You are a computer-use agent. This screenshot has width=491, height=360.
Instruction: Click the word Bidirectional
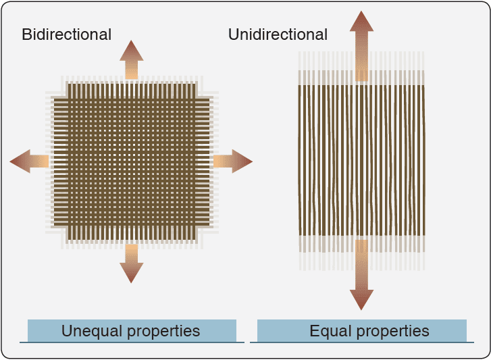[66, 34]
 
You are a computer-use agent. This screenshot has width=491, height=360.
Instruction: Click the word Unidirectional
[278, 34]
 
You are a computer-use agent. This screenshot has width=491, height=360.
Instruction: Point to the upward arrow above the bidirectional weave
[131, 59]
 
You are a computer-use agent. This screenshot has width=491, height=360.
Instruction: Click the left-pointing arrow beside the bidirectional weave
[30, 161]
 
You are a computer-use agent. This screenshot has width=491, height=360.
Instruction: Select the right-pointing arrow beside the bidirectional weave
[232, 161]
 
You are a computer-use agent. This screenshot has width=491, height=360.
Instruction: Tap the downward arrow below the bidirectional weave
[131, 263]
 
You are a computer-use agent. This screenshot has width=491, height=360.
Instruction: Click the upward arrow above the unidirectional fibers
[362, 44]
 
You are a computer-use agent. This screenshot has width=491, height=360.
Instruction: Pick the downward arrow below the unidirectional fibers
[362, 277]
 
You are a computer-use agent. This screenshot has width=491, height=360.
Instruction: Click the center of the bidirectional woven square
[131, 161]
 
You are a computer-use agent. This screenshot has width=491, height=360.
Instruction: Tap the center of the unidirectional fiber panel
[362, 160]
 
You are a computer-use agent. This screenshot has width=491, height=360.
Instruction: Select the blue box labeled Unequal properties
[132, 331]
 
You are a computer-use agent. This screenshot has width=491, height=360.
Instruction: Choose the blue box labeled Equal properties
[362, 331]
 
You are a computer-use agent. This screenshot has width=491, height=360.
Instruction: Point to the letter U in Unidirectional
[234, 34]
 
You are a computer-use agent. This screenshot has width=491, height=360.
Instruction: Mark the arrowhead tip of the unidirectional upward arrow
[362, 12]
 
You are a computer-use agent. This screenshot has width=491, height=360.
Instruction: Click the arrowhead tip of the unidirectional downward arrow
[362, 309]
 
